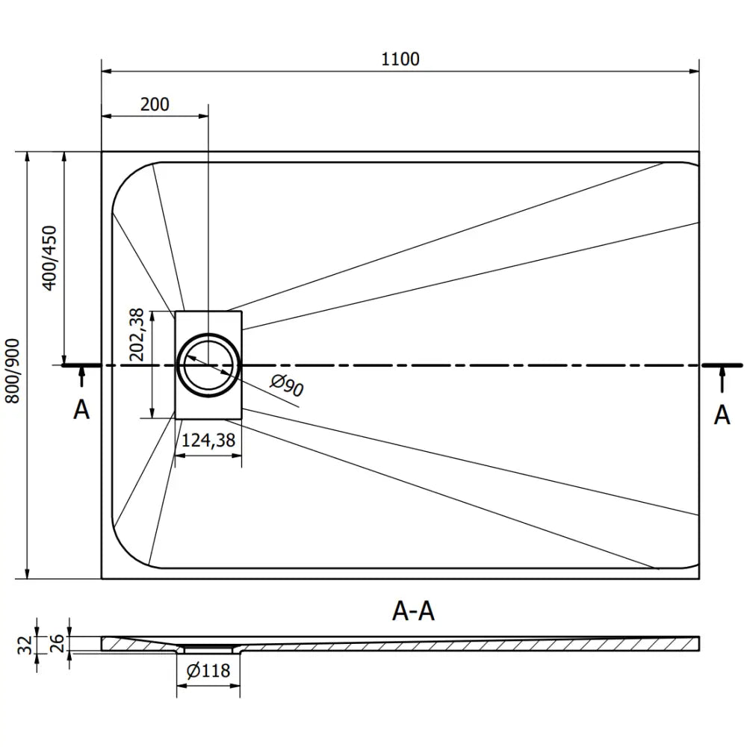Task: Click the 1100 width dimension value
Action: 400,59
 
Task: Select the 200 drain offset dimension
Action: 155,104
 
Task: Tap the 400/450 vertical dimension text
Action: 49,258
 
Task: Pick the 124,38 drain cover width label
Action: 208,441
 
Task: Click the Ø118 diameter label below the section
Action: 208,671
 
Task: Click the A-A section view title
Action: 413,611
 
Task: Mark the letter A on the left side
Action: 81,409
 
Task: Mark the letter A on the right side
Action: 722,415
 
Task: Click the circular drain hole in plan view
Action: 208,365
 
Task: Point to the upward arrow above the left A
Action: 81,378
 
